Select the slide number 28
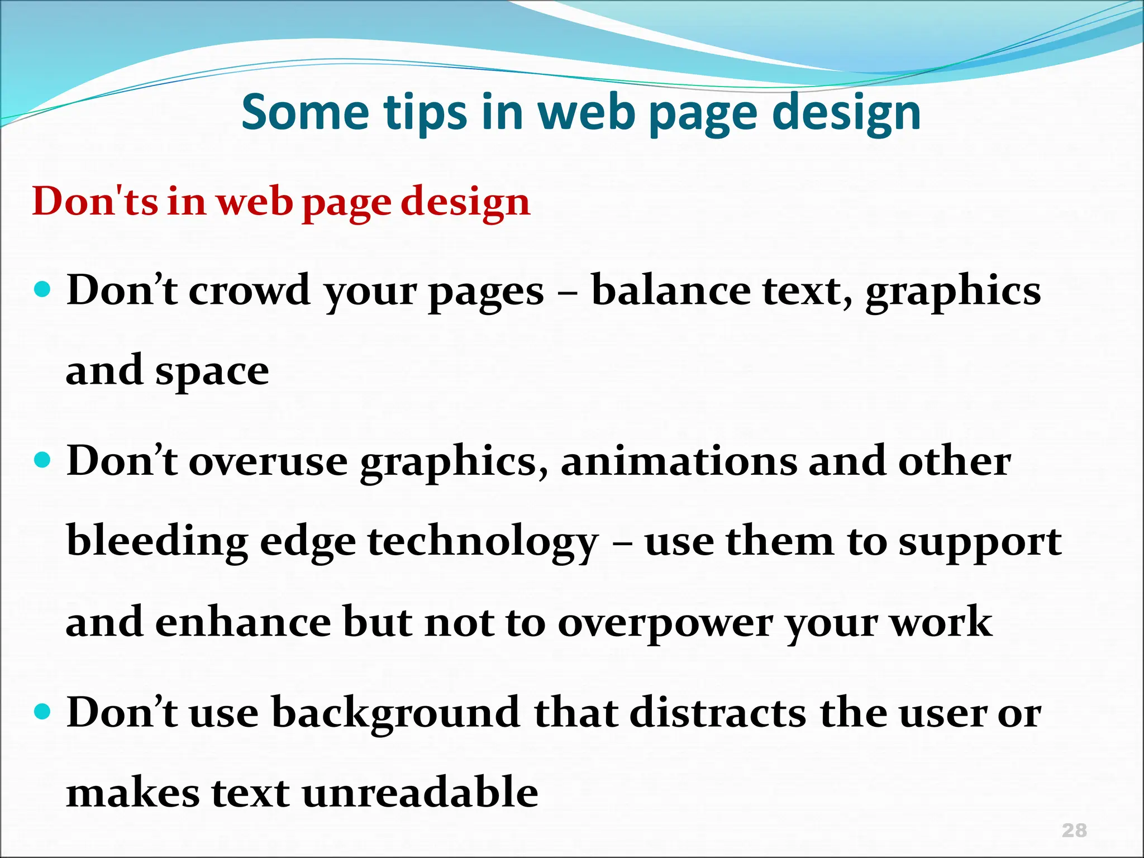[1074, 830]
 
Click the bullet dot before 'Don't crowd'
[42, 290]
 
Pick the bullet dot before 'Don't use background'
[42, 712]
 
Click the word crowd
[249, 291]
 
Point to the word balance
[670, 291]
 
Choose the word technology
[483, 543]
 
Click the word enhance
[243, 622]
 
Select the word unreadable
[420, 793]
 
